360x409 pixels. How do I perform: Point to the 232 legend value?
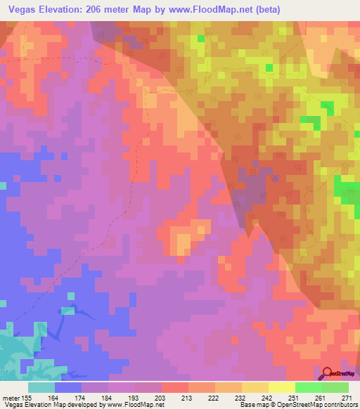click(x=228, y=397)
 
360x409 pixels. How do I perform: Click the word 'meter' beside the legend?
click(x=10, y=397)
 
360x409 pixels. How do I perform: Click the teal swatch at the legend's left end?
click(x=41, y=387)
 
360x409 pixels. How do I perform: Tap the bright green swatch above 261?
click(x=308, y=387)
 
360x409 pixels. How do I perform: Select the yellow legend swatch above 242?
click(x=281, y=387)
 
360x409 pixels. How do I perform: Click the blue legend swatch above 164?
click(x=67, y=387)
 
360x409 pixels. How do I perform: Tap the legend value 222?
click(x=201, y=397)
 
